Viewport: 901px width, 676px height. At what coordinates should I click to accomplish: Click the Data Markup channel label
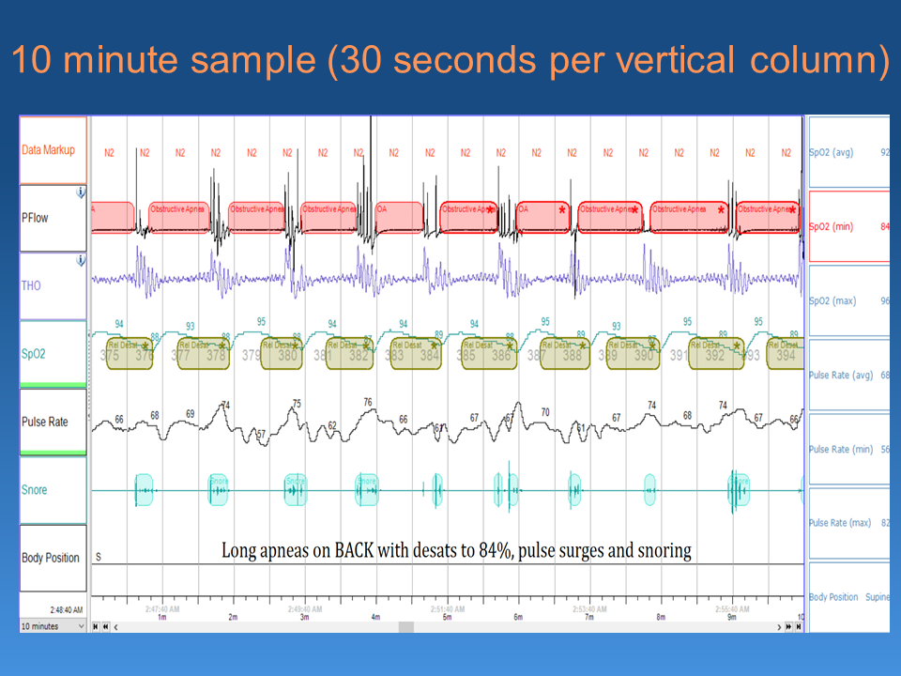(48, 150)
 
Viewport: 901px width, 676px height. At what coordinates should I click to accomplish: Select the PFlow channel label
(36, 218)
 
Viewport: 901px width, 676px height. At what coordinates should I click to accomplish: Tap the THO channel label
(31, 285)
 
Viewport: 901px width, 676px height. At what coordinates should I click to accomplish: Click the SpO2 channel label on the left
(35, 354)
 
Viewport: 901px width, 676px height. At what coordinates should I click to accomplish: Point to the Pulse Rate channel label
(45, 422)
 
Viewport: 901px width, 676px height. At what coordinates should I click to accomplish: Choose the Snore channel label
(34, 489)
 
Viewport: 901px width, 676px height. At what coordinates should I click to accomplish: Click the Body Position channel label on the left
(51, 558)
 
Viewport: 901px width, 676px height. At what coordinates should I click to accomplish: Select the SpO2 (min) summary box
(848, 226)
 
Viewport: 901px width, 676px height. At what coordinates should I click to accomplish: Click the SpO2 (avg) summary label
(832, 151)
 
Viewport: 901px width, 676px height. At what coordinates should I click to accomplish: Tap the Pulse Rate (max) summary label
(840, 523)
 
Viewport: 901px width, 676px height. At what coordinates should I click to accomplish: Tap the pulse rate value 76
(368, 402)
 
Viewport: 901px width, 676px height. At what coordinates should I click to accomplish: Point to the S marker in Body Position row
(98, 557)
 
